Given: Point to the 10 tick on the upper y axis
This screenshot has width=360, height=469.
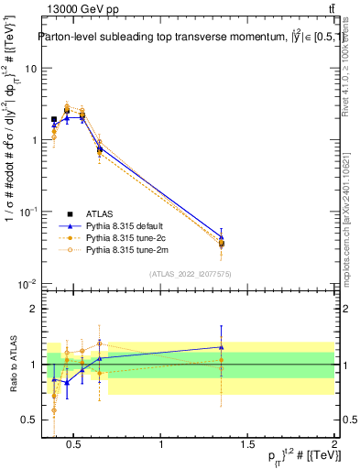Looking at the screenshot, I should coord(30,69).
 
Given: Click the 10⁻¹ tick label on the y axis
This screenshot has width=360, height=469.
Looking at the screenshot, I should coord(28,212).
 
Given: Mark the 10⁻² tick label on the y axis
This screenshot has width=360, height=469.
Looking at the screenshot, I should coord(28,283).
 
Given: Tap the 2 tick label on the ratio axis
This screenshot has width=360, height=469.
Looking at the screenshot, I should coord(33,310).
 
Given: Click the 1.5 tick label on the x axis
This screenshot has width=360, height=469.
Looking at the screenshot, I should coord(247,444).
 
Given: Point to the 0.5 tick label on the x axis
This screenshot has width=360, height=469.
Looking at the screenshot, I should coord(75,444).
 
